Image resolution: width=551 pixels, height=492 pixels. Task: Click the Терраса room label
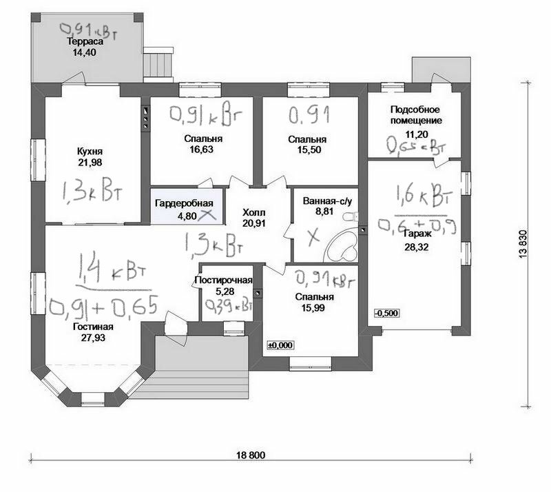81,41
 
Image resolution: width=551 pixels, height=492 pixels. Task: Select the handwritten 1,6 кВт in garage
423,198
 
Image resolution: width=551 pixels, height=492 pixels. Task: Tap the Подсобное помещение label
415,115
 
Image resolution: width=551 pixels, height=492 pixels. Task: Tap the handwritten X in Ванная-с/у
314,236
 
